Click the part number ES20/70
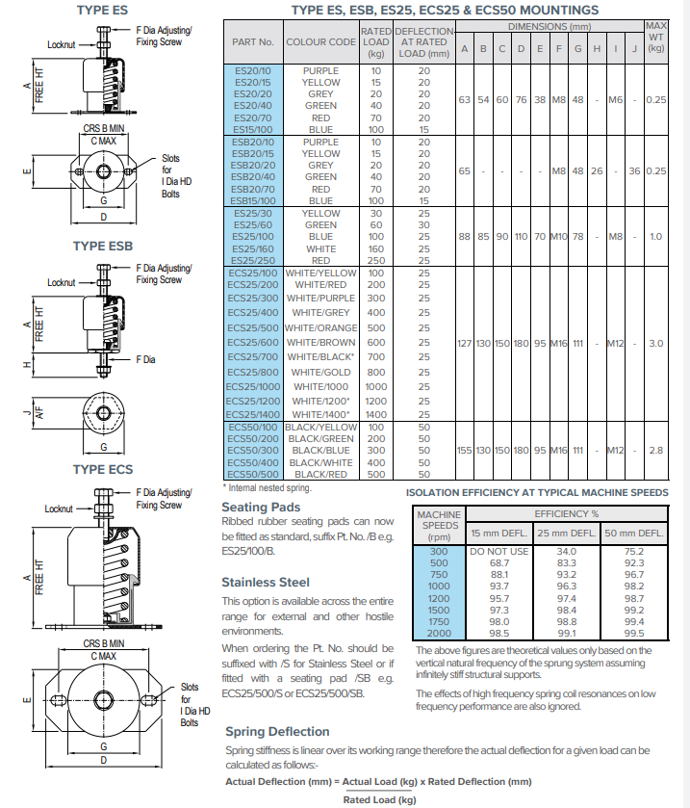coord(253,117)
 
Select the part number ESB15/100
coord(253,200)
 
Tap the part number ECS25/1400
coord(253,414)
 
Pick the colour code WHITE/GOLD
coord(320,372)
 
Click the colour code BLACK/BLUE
coord(320,450)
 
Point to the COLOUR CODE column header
coord(320,42)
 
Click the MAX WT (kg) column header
coord(656,36)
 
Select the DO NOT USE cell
coord(498,551)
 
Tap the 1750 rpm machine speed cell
coord(438,621)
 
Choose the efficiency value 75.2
coord(634,551)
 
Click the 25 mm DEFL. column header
coord(566,533)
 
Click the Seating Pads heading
coord(261,507)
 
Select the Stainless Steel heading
coord(266,582)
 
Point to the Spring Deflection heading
coord(279,732)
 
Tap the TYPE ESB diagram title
coord(102,247)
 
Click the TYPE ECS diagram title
coord(102,469)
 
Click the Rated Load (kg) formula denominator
coord(379,799)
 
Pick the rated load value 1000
coord(375,386)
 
